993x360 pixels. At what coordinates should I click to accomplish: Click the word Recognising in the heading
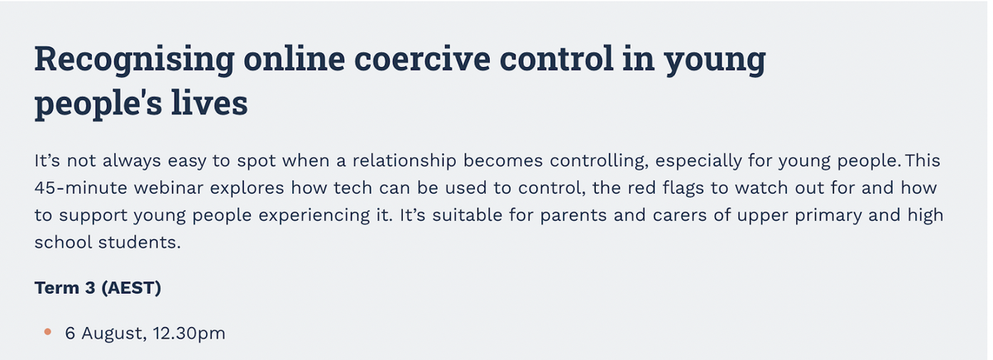[134, 60]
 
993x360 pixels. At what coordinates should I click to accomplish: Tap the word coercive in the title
[423, 58]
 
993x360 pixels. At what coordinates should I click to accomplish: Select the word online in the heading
[294, 58]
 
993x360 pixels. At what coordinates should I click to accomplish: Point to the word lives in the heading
[209, 103]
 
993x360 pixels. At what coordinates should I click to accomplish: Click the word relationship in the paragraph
[405, 161]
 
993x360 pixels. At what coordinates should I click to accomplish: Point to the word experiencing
[314, 216]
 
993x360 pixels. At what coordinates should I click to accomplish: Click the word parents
[573, 216]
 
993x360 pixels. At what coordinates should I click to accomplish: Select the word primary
[828, 216]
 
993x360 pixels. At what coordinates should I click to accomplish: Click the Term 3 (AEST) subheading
[98, 288]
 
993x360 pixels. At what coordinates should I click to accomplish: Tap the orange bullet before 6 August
[48, 332]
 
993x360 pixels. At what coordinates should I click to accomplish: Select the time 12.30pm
[189, 334]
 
